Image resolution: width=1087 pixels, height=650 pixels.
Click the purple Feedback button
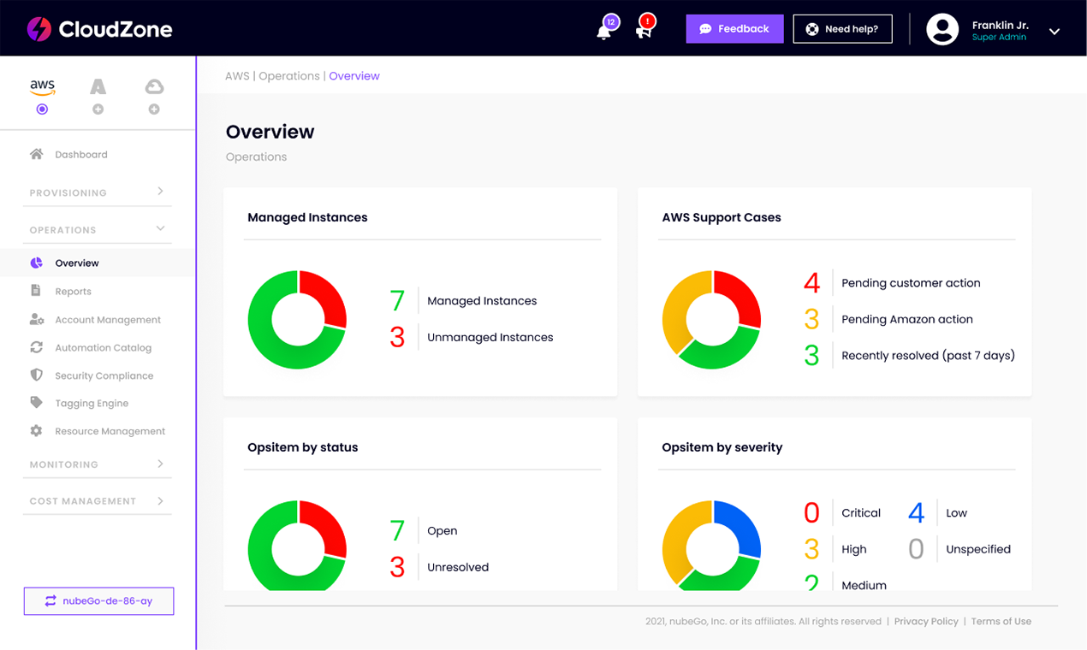click(x=734, y=29)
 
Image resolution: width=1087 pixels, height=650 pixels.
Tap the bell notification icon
click(x=603, y=32)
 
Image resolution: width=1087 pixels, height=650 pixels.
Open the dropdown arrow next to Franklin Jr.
click(x=1054, y=32)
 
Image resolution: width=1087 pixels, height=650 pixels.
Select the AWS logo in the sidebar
click(x=42, y=87)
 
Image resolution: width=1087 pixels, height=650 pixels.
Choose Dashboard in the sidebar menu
click(x=81, y=154)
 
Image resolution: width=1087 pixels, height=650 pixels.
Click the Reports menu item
click(x=73, y=291)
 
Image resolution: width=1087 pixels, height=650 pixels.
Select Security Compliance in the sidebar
click(x=104, y=375)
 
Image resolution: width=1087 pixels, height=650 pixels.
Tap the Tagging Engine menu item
click(x=92, y=403)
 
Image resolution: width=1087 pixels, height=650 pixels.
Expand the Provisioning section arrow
click(x=161, y=192)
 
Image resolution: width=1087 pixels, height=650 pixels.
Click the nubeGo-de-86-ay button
click(x=99, y=601)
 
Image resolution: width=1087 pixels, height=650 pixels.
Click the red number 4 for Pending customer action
click(x=812, y=283)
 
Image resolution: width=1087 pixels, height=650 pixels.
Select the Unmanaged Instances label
click(x=490, y=337)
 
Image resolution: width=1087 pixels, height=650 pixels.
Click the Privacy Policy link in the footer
click(x=926, y=622)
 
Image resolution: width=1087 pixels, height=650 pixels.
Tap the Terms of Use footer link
click(x=1001, y=622)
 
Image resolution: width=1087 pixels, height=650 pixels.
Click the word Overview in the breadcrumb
click(x=354, y=76)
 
